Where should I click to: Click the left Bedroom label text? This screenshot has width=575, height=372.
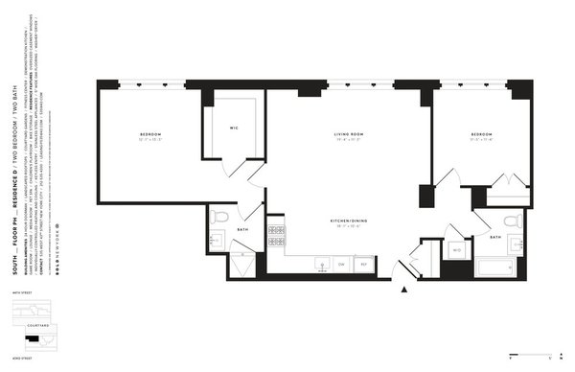click(x=149, y=132)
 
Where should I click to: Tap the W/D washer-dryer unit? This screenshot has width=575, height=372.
click(x=457, y=251)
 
